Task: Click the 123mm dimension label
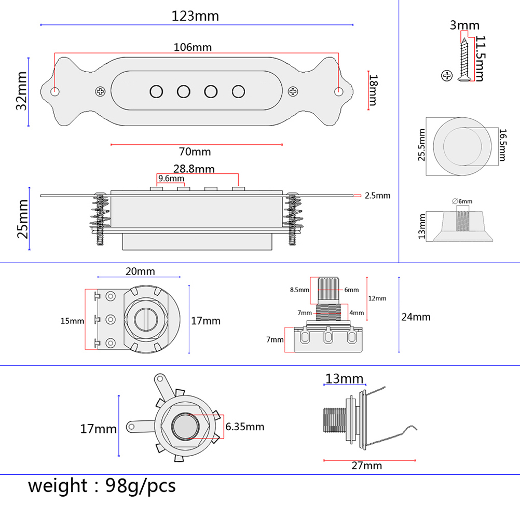pyautogui.click(x=195, y=16)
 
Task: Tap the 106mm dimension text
pyautogui.click(x=193, y=47)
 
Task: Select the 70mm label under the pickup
pyautogui.click(x=195, y=152)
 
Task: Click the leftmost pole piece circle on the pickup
pyautogui.click(x=156, y=92)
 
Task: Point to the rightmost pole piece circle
pyautogui.click(x=238, y=92)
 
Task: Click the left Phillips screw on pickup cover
pyautogui.click(x=100, y=92)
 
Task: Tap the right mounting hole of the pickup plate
pyautogui.click(x=338, y=92)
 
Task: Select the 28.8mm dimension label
pyautogui.click(x=194, y=169)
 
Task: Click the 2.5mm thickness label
pyautogui.click(x=377, y=196)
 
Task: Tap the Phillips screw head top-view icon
pyautogui.click(x=446, y=76)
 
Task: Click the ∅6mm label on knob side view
pyautogui.click(x=462, y=201)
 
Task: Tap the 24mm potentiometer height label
pyautogui.click(x=416, y=317)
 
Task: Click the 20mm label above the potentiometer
pyautogui.click(x=140, y=271)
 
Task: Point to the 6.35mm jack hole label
pyautogui.click(x=244, y=427)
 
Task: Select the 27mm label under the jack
pyautogui.click(x=367, y=466)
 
